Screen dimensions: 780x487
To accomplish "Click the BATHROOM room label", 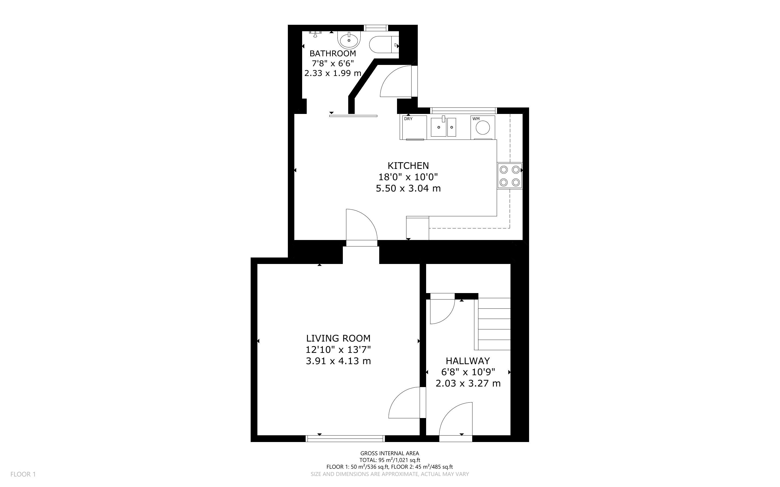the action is point(333,53).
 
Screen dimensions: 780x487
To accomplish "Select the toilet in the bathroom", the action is point(384,44).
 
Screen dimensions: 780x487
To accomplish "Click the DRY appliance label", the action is point(408,119).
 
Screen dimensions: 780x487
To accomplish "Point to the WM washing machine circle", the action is point(483,128).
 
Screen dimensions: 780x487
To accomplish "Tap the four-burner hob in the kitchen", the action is point(510,176).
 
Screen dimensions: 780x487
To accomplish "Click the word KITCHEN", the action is point(408,166).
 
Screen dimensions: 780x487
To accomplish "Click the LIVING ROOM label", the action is point(338,338).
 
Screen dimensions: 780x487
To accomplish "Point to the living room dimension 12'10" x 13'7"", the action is point(338,349).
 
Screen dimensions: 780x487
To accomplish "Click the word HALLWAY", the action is point(468,361).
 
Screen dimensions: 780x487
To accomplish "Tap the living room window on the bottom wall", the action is point(345,438).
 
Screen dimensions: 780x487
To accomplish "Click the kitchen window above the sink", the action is point(464,111).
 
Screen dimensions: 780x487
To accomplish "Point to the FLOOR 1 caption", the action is point(23,474).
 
